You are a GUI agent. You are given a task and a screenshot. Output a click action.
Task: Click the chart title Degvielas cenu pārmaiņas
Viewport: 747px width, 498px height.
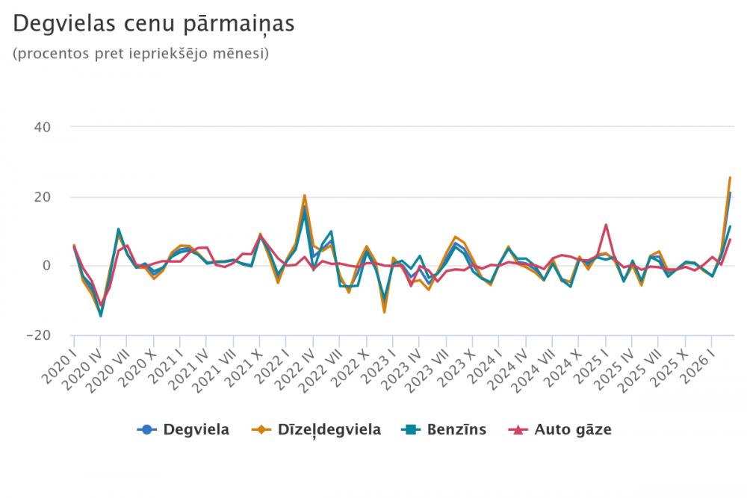(x=154, y=24)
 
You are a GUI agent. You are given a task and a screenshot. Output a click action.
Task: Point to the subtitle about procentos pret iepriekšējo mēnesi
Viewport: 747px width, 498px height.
(x=141, y=54)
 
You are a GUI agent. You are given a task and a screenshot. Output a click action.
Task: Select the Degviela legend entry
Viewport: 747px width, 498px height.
(x=183, y=429)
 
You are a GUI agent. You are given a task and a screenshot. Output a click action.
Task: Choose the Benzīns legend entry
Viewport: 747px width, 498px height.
(x=444, y=429)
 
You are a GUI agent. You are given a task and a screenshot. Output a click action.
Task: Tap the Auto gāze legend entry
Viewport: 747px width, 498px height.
(x=560, y=429)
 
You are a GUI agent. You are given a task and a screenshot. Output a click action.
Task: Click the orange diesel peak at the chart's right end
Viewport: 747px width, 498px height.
(x=730, y=178)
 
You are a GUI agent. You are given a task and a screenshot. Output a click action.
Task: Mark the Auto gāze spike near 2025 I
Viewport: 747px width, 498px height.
(x=606, y=225)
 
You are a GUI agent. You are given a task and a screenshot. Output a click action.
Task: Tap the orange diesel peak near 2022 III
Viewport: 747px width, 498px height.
(x=305, y=195)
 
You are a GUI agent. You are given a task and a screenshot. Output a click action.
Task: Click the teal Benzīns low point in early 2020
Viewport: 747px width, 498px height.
(x=101, y=316)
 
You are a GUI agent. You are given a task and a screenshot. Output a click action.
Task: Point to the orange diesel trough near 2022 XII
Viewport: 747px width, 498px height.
(x=384, y=312)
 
